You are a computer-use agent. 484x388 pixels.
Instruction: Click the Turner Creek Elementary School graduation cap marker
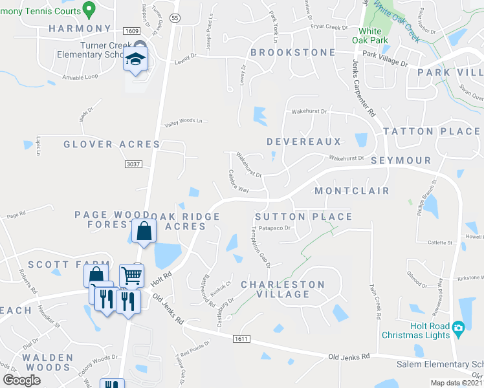[137, 60]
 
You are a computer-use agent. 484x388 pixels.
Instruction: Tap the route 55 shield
[175, 19]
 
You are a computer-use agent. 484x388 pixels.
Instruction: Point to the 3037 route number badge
[133, 164]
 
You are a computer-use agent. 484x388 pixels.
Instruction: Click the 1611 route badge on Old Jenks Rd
[242, 339]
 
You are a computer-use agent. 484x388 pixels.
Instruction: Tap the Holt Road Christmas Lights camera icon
[458, 328]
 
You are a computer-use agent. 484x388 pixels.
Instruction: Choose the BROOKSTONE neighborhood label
[292, 52]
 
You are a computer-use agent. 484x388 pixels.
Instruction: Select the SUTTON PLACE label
[303, 217]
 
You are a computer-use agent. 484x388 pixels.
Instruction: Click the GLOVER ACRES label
[111, 144]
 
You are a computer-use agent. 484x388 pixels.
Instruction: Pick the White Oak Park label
[370, 36]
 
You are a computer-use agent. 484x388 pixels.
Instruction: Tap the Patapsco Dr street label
[276, 228]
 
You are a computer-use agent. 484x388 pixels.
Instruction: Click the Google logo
[22, 380]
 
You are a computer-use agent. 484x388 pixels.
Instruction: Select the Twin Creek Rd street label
[373, 300]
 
